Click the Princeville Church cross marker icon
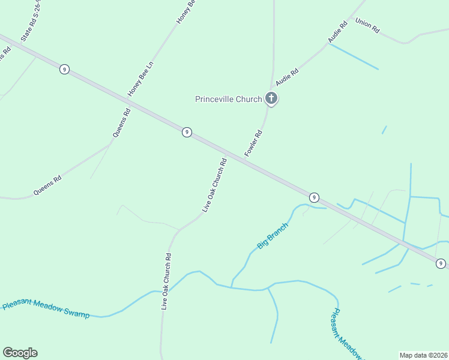click(271, 98)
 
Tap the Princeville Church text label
click(229, 100)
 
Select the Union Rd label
click(367, 25)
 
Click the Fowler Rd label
click(254, 144)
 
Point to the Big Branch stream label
click(273, 236)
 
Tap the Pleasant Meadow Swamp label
click(46, 309)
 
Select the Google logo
click(20, 353)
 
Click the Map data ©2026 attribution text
click(423, 355)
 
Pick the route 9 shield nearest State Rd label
click(64, 70)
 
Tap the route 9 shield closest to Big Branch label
click(313, 197)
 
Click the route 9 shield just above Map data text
click(441, 263)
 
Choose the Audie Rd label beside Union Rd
click(338, 32)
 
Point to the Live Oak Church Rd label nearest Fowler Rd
click(214, 185)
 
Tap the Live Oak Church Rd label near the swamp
click(166, 281)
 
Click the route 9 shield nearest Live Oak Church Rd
click(187, 132)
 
